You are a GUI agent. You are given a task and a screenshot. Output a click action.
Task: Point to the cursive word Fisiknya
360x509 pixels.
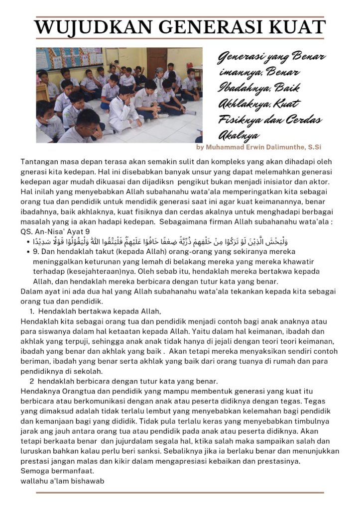tap(238, 120)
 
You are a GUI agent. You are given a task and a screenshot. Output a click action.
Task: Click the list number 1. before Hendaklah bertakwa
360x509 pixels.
tap(32, 311)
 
